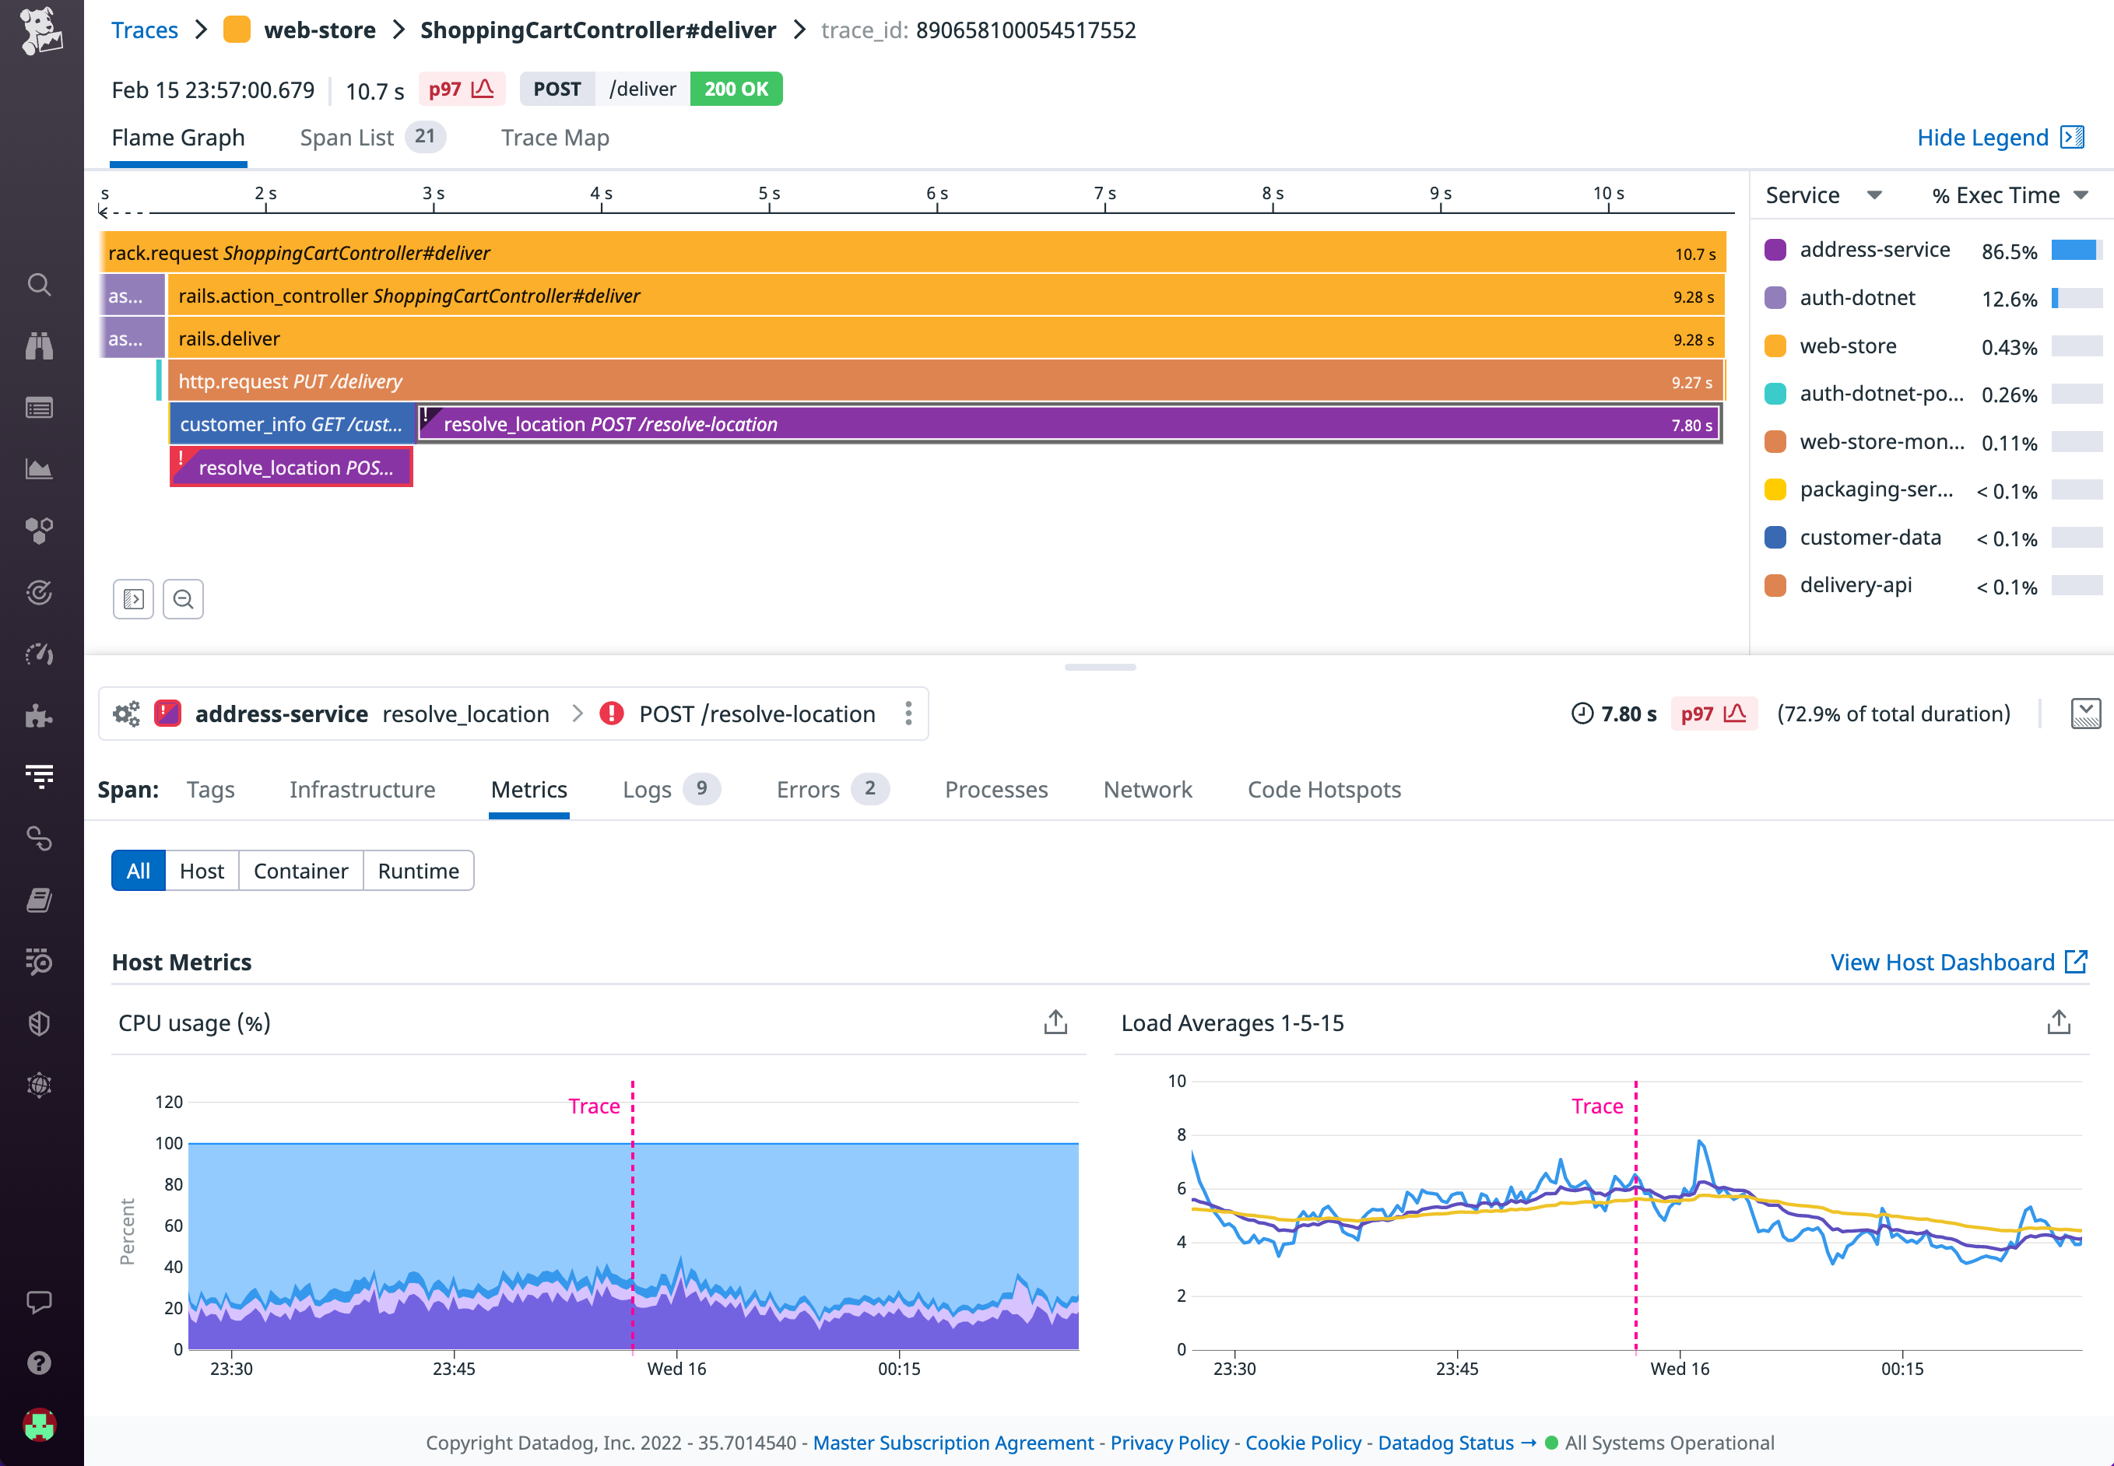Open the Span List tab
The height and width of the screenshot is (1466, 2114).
coord(347,138)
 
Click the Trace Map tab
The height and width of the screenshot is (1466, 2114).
coord(555,138)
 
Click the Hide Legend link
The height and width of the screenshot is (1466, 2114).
coord(1982,138)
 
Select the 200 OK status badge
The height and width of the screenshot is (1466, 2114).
coord(736,89)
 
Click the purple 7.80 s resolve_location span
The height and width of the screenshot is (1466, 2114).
coord(1066,424)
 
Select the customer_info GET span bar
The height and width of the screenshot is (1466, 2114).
coord(291,424)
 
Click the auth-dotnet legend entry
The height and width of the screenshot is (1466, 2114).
coord(1857,297)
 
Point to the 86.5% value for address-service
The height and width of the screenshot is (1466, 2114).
coord(2008,251)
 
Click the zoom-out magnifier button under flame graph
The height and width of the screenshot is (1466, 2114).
coord(183,600)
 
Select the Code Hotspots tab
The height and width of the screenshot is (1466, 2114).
coord(1324,790)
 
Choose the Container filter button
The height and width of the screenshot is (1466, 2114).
coord(300,871)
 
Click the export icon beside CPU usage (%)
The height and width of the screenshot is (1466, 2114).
coord(1055,1022)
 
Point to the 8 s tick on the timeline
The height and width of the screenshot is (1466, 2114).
coord(1273,194)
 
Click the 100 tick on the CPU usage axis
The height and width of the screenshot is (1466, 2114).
coord(169,1144)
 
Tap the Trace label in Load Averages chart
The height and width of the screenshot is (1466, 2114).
coord(1596,1106)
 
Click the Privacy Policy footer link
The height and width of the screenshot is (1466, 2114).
coord(1168,1443)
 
